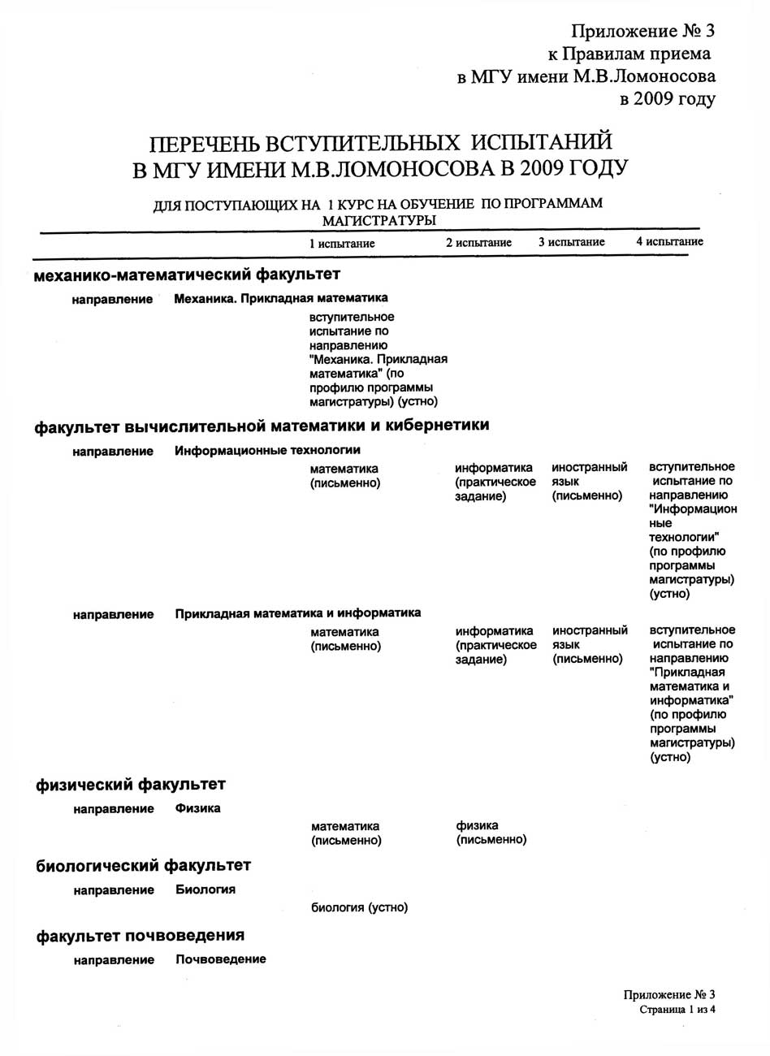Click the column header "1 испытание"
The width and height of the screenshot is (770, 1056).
[x=342, y=244]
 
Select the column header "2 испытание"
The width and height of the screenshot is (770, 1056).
[x=478, y=243]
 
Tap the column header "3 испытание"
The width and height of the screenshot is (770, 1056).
[x=572, y=242]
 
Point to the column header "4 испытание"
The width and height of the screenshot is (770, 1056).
[x=669, y=241]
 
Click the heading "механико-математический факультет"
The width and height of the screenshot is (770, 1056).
[x=187, y=275]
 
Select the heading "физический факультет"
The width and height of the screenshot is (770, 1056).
[x=130, y=785]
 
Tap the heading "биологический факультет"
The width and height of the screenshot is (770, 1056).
[x=143, y=866]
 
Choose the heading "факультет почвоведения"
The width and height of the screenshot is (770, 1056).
[x=140, y=937]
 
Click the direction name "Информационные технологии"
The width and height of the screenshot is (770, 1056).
[x=267, y=450]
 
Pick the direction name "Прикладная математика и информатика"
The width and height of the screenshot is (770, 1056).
[x=298, y=613]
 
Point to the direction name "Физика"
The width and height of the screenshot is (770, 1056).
[x=198, y=808]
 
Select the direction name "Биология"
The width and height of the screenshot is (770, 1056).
[x=205, y=889]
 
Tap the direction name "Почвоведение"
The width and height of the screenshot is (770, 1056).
[x=221, y=959]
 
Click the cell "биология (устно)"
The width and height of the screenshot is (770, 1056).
[x=359, y=907]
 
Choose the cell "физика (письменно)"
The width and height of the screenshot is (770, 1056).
[x=491, y=833]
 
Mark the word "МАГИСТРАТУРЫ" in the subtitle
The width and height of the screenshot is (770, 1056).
[x=379, y=219]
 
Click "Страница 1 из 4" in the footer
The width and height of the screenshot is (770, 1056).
[x=677, y=1010]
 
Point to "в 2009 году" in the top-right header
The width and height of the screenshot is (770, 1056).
[x=668, y=100]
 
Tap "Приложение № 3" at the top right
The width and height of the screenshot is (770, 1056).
[x=642, y=32]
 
